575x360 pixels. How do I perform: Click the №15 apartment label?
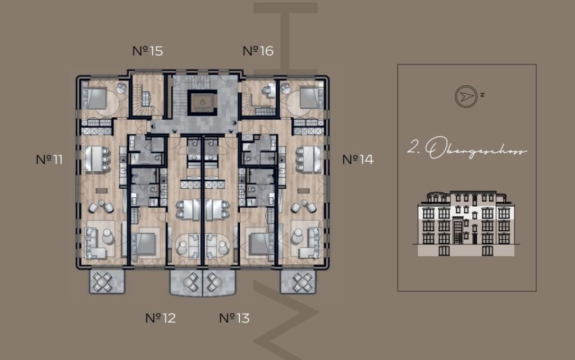(148, 51)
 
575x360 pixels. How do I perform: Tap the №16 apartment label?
(258, 51)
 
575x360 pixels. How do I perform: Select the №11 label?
(49, 160)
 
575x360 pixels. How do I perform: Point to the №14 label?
(358, 160)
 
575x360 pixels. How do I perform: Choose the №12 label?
(161, 318)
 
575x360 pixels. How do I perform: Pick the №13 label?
(234, 318)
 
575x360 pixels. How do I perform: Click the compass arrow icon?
(466, 97)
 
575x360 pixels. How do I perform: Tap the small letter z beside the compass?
(482, 94)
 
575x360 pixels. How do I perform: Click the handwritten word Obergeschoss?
(477, 148)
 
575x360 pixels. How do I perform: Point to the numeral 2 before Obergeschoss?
(413, 147)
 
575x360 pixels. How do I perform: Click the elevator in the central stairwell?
(202, 101)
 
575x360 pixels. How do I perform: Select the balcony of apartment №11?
(107, 281)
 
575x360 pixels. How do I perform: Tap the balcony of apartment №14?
(298, 281)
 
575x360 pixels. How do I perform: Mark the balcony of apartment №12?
(186, 282)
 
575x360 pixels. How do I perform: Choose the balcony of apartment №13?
(220, 282)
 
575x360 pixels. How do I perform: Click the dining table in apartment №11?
(94, 159)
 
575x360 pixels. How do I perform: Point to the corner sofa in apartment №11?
(95, 243)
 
